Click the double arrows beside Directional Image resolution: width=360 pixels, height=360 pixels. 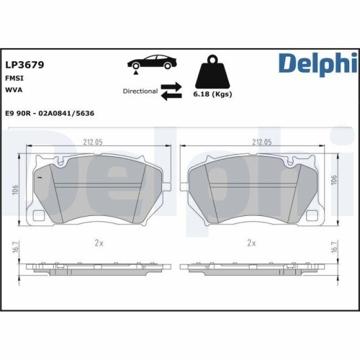tap(171, 91)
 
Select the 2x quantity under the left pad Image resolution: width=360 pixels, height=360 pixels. tap(99, 243)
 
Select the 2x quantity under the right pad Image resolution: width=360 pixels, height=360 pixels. tap(251, 243)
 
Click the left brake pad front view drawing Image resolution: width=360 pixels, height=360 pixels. tap(99, 189)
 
